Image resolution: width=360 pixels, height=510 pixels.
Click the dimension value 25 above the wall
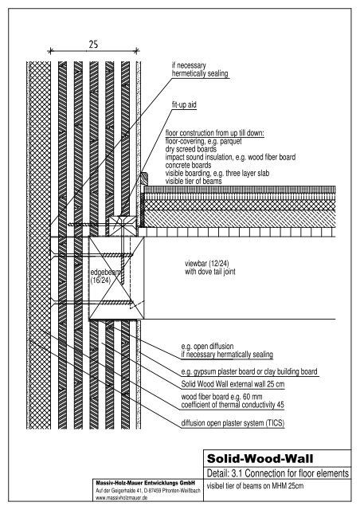pos(93,45)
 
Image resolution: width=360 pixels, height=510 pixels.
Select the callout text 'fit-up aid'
pos(184,104)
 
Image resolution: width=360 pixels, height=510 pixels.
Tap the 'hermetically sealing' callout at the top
pos(200,73)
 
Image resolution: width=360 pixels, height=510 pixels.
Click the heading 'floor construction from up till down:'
pos(214,133)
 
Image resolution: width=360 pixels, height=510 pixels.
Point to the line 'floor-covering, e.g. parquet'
pos(204,141)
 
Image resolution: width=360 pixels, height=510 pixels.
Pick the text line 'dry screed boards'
pos(191,149)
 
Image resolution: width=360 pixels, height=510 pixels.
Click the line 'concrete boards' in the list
pos(188,165)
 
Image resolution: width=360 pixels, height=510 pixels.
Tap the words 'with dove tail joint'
pos(210,272)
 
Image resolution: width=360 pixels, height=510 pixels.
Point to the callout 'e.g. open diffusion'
pos(208,346)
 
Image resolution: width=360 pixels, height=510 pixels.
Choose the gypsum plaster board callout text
pos(249,371)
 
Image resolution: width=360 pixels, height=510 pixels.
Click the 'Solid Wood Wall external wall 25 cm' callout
pos(233,384)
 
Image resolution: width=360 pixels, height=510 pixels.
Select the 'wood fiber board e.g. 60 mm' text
pos(221,397)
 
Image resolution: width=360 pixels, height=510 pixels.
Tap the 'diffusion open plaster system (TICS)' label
pos(233,423)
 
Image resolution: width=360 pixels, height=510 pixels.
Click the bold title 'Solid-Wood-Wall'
pos(260,459)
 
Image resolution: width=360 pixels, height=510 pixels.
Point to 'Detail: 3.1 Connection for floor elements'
pos(278,473)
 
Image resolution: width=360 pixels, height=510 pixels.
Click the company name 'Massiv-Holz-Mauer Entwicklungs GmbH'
pos(146,483)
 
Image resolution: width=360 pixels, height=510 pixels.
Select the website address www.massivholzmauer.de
pos(122,497)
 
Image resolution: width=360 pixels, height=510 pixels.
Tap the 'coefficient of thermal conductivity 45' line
pos(233,405)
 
